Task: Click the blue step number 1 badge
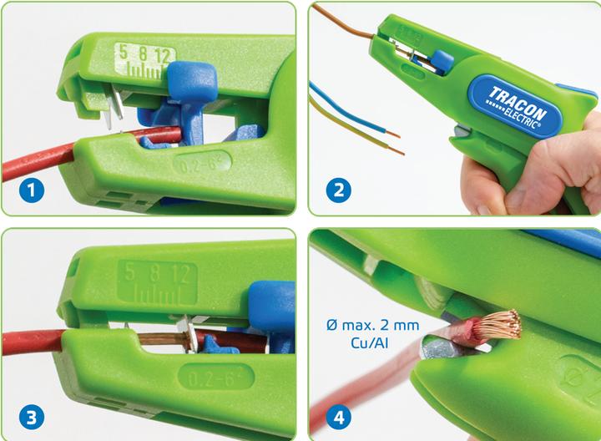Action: [x=32, y=190]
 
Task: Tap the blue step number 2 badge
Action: [x=339, y=190]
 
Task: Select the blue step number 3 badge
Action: [x=32, y=418]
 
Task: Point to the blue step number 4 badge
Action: [x=339, y=418]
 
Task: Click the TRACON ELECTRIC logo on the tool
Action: [x=517, y=107]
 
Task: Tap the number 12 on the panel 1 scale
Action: [x=163, y=56]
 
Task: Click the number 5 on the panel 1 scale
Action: [x=123, y=52]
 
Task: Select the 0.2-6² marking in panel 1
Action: [x=202, y=165]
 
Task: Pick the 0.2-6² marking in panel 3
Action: [x=216, y=377]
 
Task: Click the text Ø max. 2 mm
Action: [x=372, y=325]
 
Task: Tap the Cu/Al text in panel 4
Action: [x=370, y=342]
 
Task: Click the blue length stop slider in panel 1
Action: [x=192, y=83]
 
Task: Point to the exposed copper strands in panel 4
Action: [x=498, y=326]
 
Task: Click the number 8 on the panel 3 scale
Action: [x=155, y=272]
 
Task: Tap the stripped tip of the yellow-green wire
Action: [x=397, y=150]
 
